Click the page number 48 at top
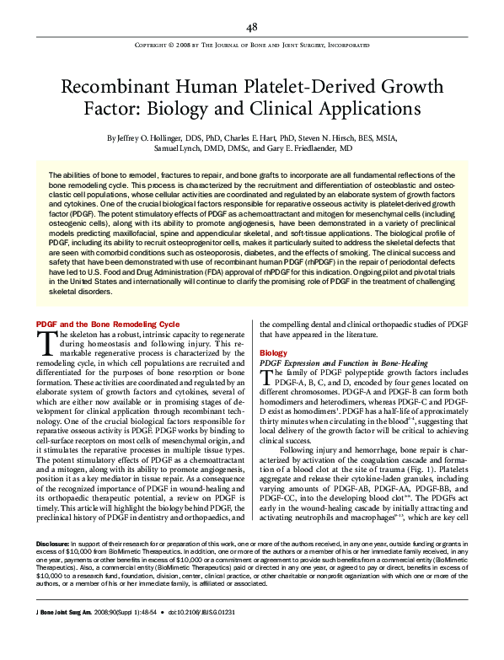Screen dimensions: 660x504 click(x=251, y=27)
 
